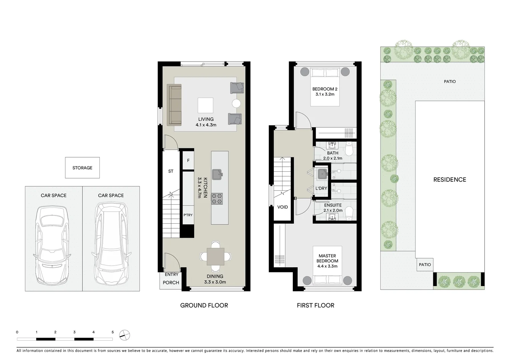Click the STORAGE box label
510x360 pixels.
pyautogui.click(x=82, y=168)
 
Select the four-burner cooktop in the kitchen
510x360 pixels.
pyautogui.click(x=217, y=199)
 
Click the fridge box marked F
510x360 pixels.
pyautogui.click(x=188, y=161)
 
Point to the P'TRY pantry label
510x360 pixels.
pyautogui.click(x=188, y=215)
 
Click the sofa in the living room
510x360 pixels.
pyautogui.click(x=174, y=105)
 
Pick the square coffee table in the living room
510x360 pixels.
pyautogui.click(x=205, y=105)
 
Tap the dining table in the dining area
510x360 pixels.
pyautogui.click(x=215, y=256)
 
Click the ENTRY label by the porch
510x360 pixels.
pyautogui.click(x=171, y=274)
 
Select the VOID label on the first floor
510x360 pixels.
pyautogui.click(x=283, y=207)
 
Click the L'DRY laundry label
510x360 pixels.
pyautogui.click(x=321, y=188)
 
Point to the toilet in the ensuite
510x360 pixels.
pyautogui.click(x=349, y=213)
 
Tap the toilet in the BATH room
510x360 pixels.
pyautogui.click(x=349, y=149)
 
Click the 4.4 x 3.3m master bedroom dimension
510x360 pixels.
pyautogui.click(x=327, y=266)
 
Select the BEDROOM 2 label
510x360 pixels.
pyautogui.click(x=325, y=89)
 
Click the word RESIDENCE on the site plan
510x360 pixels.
pyautogui.click(x=449, y=180)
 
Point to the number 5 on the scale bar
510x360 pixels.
pyautogui.click(x=113, y=332)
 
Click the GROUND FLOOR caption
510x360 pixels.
pyautogui.click(x=204, y=305)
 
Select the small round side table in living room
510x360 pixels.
pyautogui.click(x=236, y=103)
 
